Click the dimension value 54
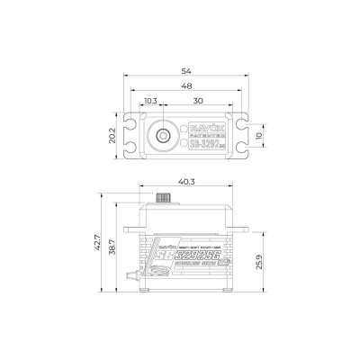tap(186, 67)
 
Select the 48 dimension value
tap(186, 85)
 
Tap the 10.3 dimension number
tap(150, 101)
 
